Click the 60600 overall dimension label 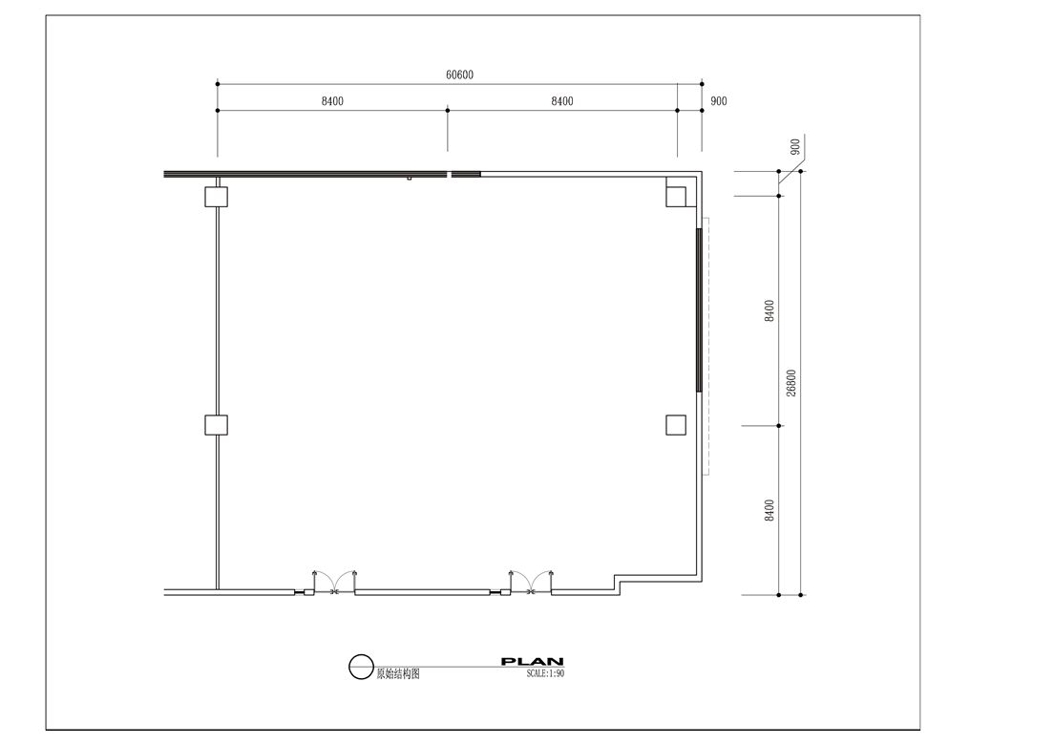pos(459,74)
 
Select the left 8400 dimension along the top pos(332,101)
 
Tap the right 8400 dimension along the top pos(562,101)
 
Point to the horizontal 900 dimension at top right pos(719,101)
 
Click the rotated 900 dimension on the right pos(795,146)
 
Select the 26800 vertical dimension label pos(791,383)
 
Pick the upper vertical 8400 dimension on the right pos(769,310)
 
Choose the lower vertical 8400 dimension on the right pos(769,510)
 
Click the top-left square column pos(217,197)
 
